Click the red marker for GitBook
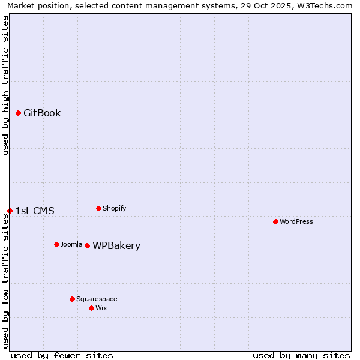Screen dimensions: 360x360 (19, 113)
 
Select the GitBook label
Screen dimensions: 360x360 (42, 113)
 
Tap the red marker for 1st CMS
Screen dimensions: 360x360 (10, 211)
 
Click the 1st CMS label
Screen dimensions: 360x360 (35, 211)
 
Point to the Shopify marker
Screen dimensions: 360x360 (98, 208)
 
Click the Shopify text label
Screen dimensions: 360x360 (114, 208)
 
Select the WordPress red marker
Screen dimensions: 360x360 (275, 221)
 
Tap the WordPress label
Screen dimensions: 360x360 (296, 221)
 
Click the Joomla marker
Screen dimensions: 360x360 (56, 244)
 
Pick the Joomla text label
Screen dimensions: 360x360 (71, 244)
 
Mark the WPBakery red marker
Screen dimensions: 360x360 (87, 245)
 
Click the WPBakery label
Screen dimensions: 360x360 (116, 245)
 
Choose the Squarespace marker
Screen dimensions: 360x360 (72, 299)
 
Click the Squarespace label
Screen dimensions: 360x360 (97, 299)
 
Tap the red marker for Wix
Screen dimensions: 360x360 (91, 308)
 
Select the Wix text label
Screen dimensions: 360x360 (101, 308)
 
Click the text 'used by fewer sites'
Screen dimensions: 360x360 (62, 355)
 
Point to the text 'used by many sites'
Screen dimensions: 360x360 (301, 355)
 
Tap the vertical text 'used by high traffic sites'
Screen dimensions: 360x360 (6, 85)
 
